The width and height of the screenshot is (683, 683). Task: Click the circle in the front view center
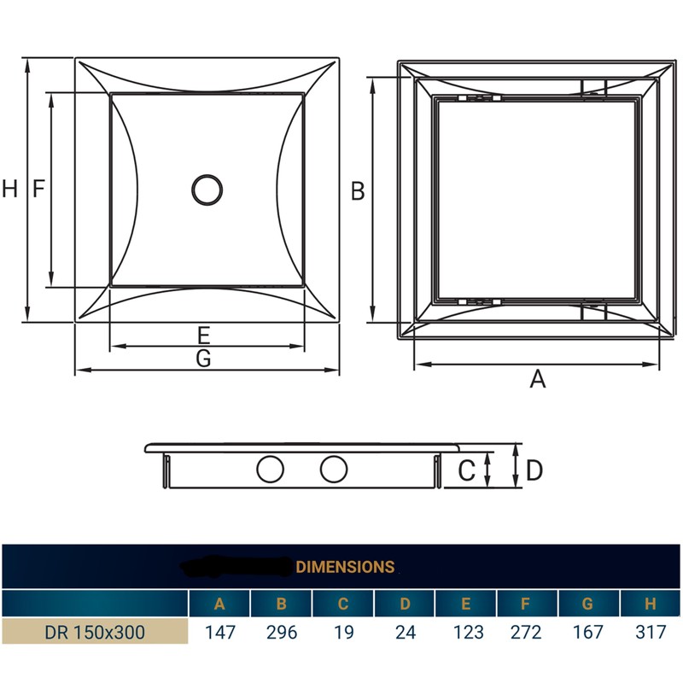point(206,190)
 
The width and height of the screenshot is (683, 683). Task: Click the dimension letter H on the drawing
point(9,190)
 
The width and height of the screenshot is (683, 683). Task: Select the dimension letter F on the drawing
point(38,190)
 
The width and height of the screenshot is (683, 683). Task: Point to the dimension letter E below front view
point(203,334)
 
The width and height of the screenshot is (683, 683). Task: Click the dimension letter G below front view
point(203,359)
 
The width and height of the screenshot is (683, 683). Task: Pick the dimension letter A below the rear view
point(537,379)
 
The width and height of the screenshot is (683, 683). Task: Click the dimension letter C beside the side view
point(466,470)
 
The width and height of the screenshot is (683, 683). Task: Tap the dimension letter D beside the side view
point(534,470)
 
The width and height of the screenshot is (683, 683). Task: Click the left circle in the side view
point(271,469)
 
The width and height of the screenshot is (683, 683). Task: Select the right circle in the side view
point(334,469)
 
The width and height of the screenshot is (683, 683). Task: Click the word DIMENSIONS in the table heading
point(345,566)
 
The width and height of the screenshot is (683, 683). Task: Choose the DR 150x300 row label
point(95,633)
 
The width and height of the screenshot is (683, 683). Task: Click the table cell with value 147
point(219,633)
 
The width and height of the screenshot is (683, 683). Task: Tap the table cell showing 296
point(281,633)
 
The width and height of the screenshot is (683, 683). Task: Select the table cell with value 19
point(342,633)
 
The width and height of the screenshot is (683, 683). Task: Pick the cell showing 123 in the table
point(465,633)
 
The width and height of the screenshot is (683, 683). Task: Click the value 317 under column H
point(650,633)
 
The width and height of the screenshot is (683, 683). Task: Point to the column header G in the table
point(587,604)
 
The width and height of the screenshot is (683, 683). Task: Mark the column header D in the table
point(404,604)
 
